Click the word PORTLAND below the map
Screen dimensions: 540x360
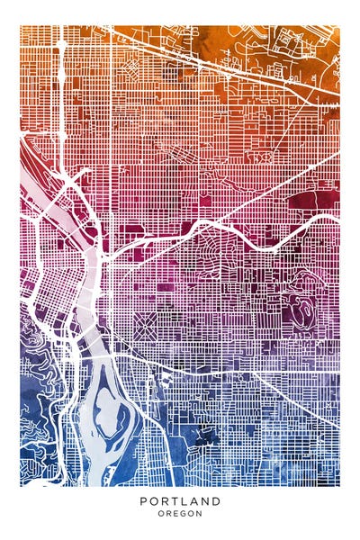click(180, 501)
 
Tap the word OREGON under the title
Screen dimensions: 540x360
click(180, 514)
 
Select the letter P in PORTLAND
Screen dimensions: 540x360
click(143, 501)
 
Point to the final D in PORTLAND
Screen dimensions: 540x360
click(217, 501)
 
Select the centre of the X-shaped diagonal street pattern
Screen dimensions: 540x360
click(144, 327)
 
